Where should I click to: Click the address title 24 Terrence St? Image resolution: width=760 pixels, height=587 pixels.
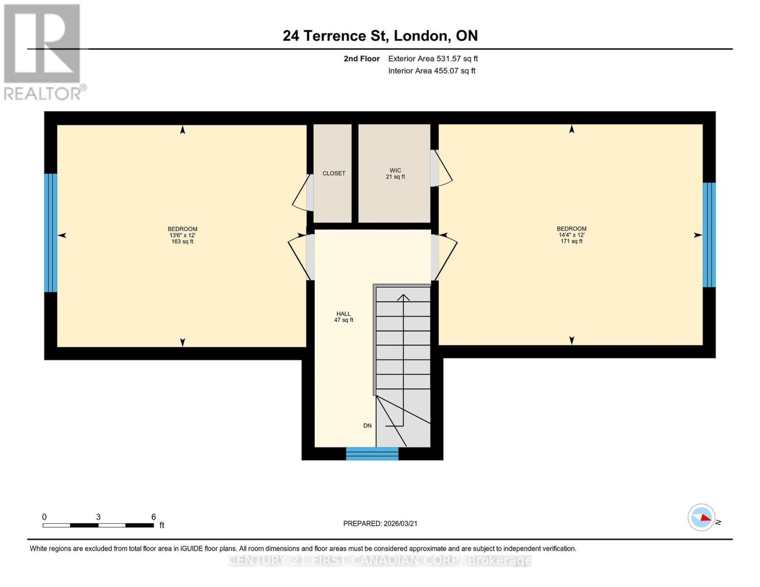[x=380, y=36]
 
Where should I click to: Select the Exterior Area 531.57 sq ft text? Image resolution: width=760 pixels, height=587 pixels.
[x=433, y=59]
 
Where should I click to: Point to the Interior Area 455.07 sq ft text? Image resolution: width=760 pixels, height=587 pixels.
[x=432, y=71]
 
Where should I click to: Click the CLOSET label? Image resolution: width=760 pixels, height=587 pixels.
[x=334, y=173]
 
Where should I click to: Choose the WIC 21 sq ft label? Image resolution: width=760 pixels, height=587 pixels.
[x=395, y=174]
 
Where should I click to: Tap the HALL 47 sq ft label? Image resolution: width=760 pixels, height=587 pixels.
[x=344, y=317]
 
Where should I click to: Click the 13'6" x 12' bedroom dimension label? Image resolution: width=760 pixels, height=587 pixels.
[x=183, y=235]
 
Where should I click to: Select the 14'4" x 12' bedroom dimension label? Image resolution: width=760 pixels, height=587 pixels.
[x=571, y=235]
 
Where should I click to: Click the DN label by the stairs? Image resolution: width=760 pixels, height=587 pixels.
[x=368, y=426]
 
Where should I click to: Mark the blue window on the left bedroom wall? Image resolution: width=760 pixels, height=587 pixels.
[x=51, y=233]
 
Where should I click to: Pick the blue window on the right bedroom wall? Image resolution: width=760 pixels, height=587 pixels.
[x=709, y=235]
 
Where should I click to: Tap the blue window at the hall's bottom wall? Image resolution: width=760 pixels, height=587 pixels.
[x=372, y=454]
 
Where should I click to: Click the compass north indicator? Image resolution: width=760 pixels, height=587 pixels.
[x=702, y=517]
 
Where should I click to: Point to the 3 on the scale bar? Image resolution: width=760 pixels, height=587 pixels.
[x=98, y=517]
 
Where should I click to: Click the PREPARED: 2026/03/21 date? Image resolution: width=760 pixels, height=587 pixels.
[x=380, y=523]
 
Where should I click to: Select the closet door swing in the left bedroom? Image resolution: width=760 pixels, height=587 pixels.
[x=301, y=193]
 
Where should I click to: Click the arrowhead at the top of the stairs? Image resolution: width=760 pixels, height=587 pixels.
[x=403, y=297]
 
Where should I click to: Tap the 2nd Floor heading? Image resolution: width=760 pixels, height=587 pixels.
[x=362, y=59]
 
